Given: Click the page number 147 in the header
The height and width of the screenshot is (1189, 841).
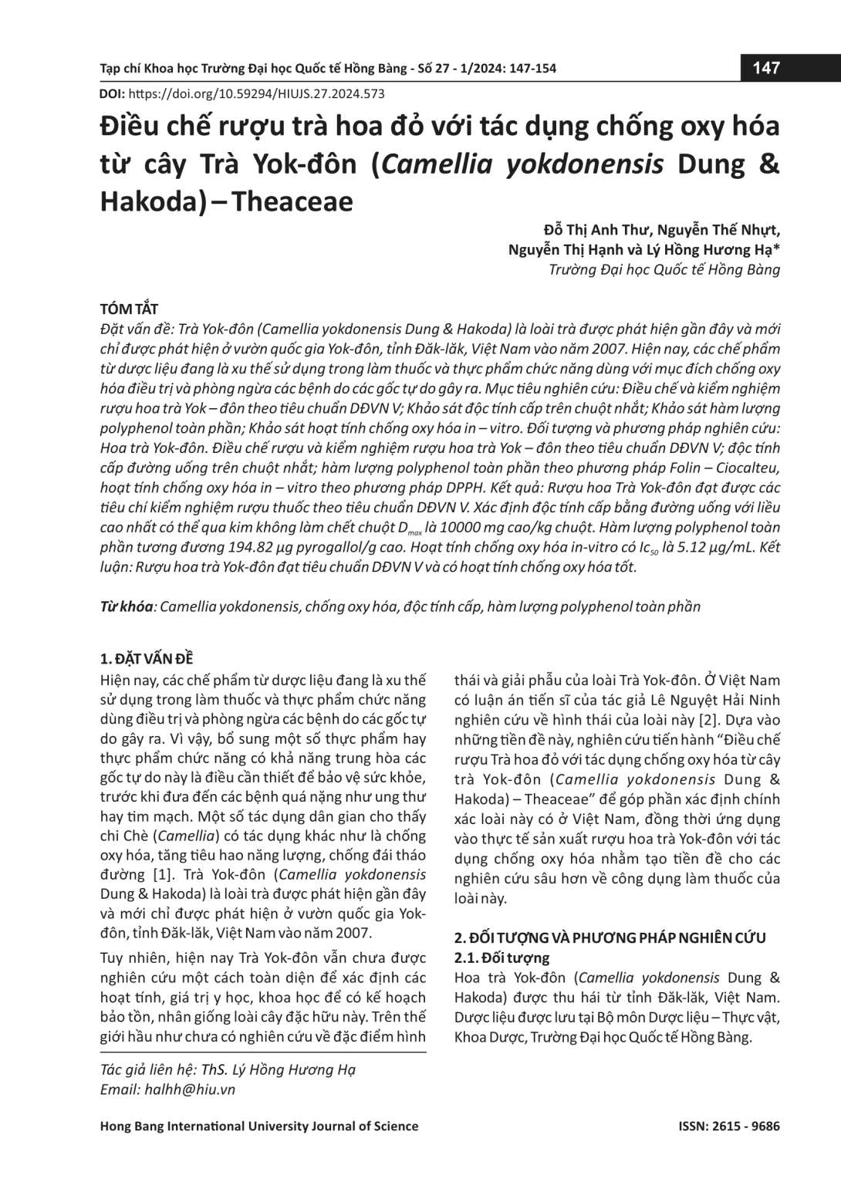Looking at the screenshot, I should tap(765, 69).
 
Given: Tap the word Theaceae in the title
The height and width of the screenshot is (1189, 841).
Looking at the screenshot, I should tap(292, 201).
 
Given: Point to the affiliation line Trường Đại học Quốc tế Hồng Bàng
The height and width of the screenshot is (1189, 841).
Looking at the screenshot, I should tap(664, 269).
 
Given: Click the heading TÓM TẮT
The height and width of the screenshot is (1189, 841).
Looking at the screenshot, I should tap(130, 309).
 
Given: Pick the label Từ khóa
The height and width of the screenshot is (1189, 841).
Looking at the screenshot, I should tap(127, 606).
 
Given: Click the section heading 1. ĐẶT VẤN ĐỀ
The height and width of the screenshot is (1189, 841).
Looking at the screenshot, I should tap(147, 659).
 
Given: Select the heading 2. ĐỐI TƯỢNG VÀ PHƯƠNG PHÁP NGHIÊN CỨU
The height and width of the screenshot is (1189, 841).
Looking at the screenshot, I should tap(610, 938).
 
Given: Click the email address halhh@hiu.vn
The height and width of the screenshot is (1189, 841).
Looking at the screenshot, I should tap(190, 1089).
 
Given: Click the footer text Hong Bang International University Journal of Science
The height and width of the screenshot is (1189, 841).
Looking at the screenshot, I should tap(259, 1126).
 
